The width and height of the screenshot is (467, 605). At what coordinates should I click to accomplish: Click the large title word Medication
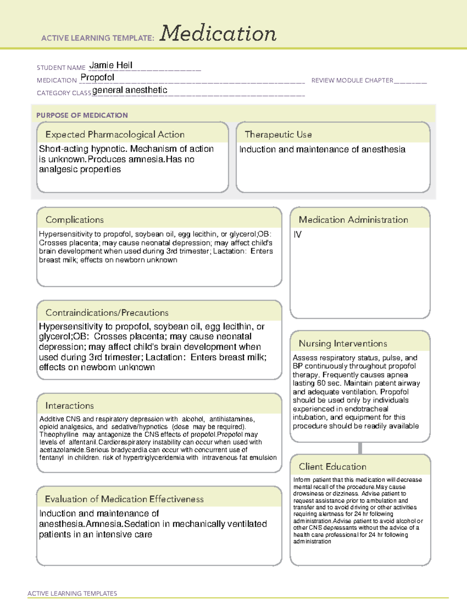(x=218, y=34)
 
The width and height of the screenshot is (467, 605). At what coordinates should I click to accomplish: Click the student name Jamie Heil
(x=111, y=65)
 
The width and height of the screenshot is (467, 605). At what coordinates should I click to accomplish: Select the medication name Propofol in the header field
(x=97, y=78)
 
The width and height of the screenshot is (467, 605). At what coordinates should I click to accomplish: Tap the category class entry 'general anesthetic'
(x=130, y=90)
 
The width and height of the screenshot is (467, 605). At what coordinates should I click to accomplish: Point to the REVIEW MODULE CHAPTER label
(x=352, y=80)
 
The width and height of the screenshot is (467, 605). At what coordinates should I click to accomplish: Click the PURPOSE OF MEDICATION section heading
(x=82, y=115)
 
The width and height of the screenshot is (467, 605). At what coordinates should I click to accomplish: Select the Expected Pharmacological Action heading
(x=115, y=134)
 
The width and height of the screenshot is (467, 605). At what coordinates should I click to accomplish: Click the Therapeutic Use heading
(x=278, y=134)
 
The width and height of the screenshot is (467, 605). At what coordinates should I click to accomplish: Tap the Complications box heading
(x=74, y=220)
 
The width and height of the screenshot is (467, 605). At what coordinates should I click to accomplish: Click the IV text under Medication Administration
(x=298, y=235)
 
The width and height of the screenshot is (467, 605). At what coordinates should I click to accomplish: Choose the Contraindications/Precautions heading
(x=107, y=313)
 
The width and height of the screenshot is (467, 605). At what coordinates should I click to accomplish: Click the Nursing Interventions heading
(x=342, y=344)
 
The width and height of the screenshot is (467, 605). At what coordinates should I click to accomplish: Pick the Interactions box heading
(x=69, y=406)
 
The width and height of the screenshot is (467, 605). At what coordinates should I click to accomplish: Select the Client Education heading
(x=332, y=467)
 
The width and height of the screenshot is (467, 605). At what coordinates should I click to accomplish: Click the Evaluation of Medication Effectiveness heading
(x=124, y=499)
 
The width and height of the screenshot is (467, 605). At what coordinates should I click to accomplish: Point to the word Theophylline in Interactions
(x=58, y=434)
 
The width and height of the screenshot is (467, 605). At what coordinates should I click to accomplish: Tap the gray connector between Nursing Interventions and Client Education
(x=360, y=448)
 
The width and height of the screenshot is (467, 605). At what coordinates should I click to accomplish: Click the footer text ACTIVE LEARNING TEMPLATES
(x=72, y=593)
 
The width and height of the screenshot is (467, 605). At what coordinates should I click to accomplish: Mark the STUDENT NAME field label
(x=61, y=68)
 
